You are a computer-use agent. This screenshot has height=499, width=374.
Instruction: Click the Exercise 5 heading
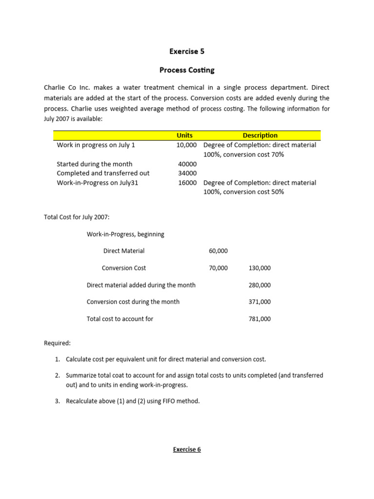187,51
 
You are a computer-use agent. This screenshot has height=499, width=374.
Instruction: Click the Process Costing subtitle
187,70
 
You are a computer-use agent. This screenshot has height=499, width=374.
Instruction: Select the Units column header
185,135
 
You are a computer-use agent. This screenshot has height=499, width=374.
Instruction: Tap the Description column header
260,135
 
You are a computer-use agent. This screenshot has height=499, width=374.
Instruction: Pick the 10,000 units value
187,145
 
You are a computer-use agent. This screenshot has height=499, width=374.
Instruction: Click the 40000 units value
187,164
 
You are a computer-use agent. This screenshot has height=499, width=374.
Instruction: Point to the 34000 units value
187,173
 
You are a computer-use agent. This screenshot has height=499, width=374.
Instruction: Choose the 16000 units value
187,183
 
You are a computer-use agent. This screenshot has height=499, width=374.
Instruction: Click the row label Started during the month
94,164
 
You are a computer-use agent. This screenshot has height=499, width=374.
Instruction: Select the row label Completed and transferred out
103,173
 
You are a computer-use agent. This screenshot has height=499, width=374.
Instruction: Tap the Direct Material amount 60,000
218,251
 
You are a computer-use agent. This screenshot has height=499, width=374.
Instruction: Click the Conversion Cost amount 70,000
218,268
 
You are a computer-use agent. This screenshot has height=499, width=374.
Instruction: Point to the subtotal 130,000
260,268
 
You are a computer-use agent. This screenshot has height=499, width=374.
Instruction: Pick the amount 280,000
260,285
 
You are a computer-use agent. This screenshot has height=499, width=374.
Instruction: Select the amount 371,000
260,302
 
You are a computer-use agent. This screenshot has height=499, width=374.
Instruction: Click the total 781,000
260,319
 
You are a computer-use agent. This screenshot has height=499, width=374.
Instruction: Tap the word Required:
57,343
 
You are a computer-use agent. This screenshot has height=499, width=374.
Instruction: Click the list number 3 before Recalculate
57,401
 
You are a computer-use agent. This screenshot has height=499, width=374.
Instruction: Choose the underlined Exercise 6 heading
187,449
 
